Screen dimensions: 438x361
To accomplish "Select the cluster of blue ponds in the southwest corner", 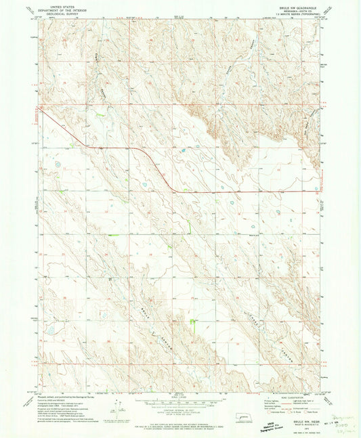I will [49, 331].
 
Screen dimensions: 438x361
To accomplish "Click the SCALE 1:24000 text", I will [179, 397].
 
